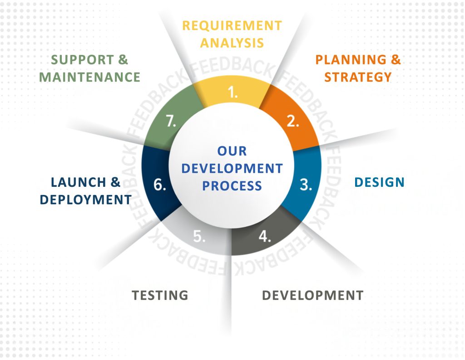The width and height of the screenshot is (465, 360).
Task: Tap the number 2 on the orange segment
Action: (x=293, y=121)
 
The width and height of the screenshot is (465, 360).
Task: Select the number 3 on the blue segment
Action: (x=306, y=185)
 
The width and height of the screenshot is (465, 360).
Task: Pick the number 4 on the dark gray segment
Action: (x=265, y=236)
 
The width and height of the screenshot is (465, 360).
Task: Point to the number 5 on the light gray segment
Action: (x=199, y=236)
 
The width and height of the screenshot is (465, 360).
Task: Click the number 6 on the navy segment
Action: (x=160, y=185)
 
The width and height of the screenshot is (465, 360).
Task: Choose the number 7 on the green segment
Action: (x=171, y=121)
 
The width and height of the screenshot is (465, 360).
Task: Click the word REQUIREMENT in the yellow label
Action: (x=232, y=26)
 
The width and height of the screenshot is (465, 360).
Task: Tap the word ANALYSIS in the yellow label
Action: (x=232, y=43)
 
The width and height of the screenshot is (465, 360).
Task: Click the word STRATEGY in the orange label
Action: (x=358, y=77)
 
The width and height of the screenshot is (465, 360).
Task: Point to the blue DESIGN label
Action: (x=380, y=182)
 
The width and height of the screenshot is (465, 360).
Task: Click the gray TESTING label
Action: (x=160, y=295)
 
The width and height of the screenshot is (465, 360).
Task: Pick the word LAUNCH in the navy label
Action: (x=78, y=182)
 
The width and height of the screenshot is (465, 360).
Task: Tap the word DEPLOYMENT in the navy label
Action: (x=86, y=200)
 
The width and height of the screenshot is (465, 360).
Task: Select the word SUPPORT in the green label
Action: (x=83, y=60)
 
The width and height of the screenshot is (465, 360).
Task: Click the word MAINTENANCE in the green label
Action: (x=89, y=77)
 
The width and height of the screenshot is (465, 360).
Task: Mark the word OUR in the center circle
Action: (x=232, y=151)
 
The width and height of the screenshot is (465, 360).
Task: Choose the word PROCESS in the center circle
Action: (x=232, y=186)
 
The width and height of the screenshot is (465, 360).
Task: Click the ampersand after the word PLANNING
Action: (x=396, y=60)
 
